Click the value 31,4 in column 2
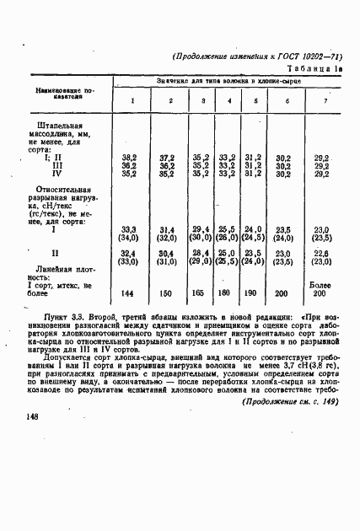pyautogui.click(x=167, y=229)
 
